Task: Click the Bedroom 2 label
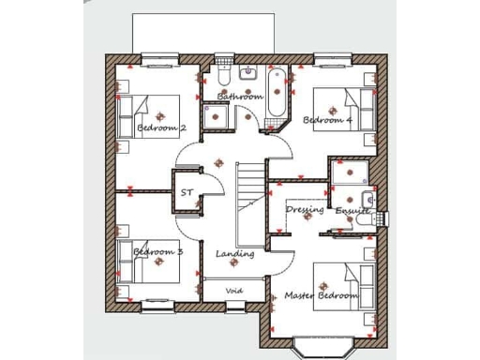click(161, 127)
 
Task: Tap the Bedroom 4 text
click(327, 120)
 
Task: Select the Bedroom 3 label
click(157, 252)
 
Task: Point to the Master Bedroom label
click(322, 296)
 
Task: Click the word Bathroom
click(240, 97)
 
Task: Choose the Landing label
click(234, 254)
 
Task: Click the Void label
click(234, 291)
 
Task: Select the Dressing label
click(306, 209)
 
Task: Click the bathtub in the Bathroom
click(276, 97)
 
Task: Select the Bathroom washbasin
click(249, 73)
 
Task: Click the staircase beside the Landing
click(250, 196)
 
